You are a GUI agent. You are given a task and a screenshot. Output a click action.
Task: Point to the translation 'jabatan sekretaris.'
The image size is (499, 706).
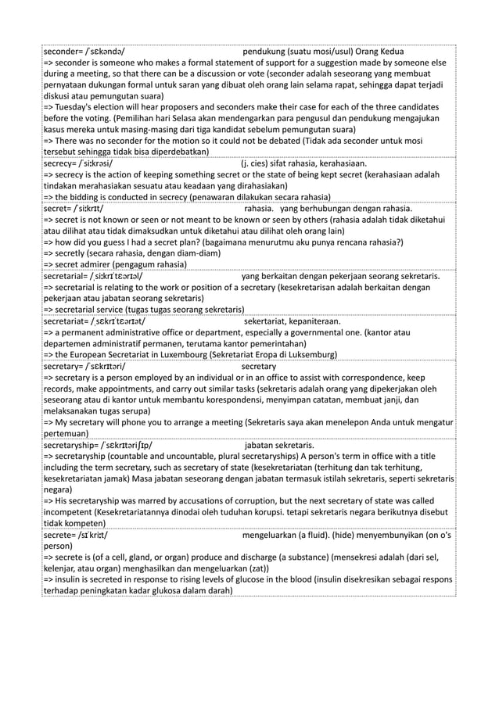click(279, 444)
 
